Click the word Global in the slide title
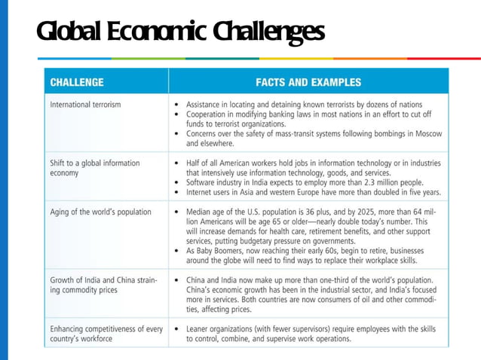coord(69,32)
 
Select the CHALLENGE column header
coord(77,82)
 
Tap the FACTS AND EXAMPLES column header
coord(308,82)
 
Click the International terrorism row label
coord(85,104)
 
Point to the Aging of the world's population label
coord(100,212)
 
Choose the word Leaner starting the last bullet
coord(202,329)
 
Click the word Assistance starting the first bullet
coord(207,104)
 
